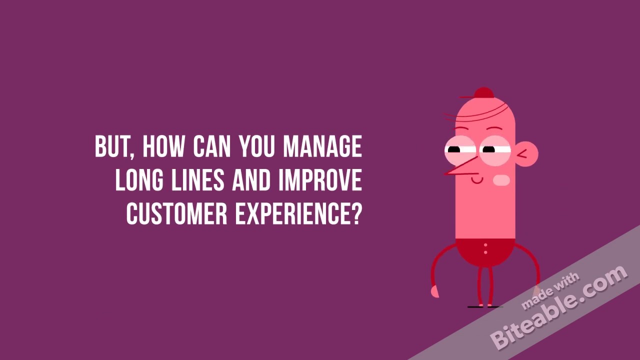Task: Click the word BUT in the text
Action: pyautogui.click(x=111, y=146)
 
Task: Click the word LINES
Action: pyautogui.click(x=200, y=180)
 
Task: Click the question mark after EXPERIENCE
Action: pyautogui.click(x=355, y=213)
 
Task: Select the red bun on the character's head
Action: pyautogui.click(x=483, y=93)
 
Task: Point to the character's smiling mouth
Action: pyautogui.click(x=477, y=179)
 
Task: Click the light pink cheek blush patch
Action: pyautogui.click(x=501, y=180)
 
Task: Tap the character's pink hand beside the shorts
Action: pyautogui.click(x=434, y=291)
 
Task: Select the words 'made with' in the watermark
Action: pyautogui.click(x=550, y=290)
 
